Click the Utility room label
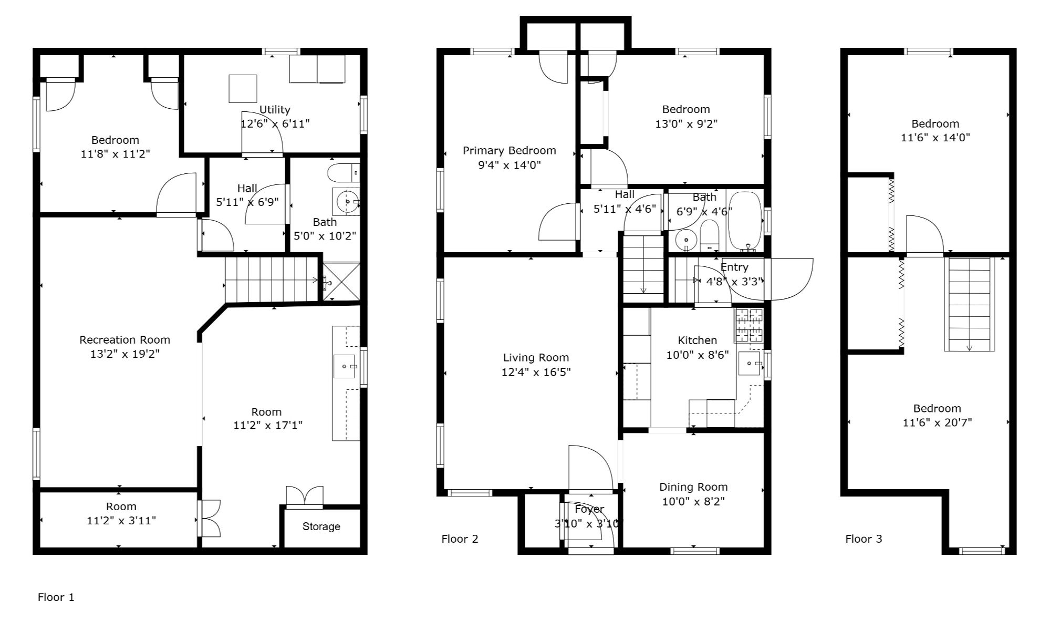[275, 110]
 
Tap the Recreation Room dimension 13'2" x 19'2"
[125, 354]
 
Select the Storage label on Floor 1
[321, 526]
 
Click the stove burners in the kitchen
[749, 325]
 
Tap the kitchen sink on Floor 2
[750, 363]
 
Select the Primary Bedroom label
[509, 151]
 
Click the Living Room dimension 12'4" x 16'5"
[536, 373]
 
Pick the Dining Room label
[693, 487]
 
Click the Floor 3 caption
[864, 539]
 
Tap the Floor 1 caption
[56, 597]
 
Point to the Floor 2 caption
[460, 539]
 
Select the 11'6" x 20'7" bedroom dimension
[937, 422]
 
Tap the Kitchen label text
[697, 340]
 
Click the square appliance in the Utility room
[243, 88]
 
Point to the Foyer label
[589, 509]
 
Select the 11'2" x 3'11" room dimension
[121, 521]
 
